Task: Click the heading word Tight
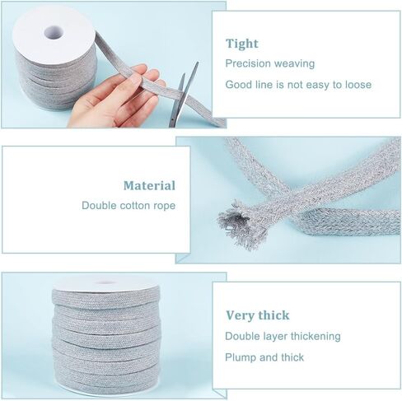click(242, 44)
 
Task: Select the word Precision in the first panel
click(248, 63)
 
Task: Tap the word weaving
click(294, 64)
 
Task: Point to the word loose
click(358, 85)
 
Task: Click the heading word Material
click(149, 186)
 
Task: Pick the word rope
click(164, 207)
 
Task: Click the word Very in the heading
click(239, 315)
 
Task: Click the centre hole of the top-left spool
click(54, 33)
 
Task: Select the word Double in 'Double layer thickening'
click(241, 336)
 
